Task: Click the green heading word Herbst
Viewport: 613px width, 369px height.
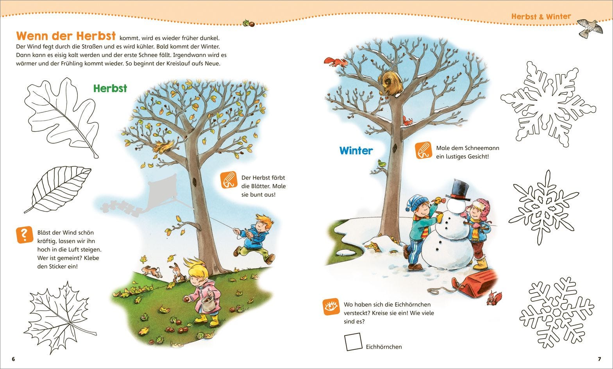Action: (x=110, y=88)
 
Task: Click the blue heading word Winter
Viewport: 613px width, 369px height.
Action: (x=356, y=150)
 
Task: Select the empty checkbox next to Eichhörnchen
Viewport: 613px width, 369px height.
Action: (x=353, y=341)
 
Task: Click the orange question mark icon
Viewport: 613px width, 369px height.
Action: (x=25, y=235)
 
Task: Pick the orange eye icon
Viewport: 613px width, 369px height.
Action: (x=331, y=307)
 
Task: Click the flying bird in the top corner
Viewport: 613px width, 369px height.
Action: (x=591, y=28)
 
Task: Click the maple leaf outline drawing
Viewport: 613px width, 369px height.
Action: (x=60, y=317)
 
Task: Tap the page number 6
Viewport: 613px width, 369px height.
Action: (x=13, y=359)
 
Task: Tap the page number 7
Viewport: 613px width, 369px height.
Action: (x=599, y=359)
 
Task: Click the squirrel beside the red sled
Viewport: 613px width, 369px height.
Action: (x=494, y=298)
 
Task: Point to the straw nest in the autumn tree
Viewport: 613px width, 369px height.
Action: (x=164, y=147)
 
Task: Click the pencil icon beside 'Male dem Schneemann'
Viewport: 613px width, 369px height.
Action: (x=424, y=150)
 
